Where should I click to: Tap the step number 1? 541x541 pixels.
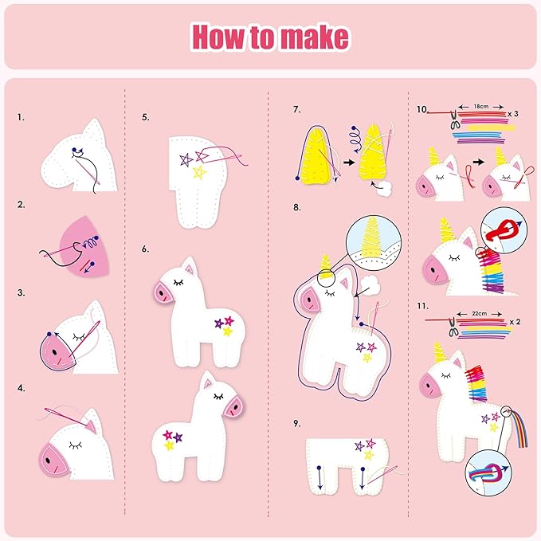21,117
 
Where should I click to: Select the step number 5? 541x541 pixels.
146,117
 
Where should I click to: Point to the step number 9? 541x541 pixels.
297,423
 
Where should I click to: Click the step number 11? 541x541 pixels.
423,306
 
